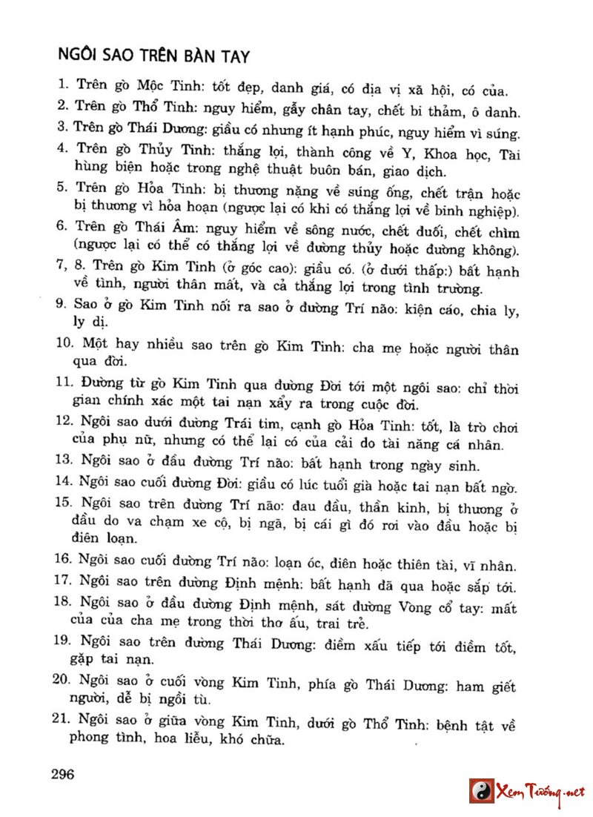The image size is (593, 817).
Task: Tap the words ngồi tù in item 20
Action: pyautogui.click(x=196, y=699)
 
